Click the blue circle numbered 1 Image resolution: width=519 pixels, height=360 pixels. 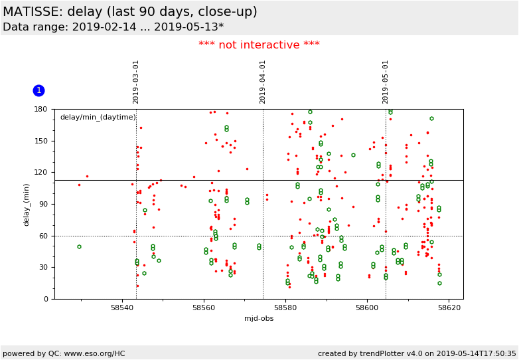click(38, 90)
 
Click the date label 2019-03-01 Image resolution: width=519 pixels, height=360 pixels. click(136, 82)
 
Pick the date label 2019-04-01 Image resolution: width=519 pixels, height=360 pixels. click(263, 82)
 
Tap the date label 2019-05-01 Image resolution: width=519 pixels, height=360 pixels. click(386, 82)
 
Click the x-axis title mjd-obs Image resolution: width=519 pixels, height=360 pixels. click(259, 319)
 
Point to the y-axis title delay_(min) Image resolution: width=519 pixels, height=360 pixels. click(27, 204)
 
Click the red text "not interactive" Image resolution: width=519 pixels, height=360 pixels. click(259, 45)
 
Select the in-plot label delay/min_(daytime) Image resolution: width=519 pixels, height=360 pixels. click(98, 118)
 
